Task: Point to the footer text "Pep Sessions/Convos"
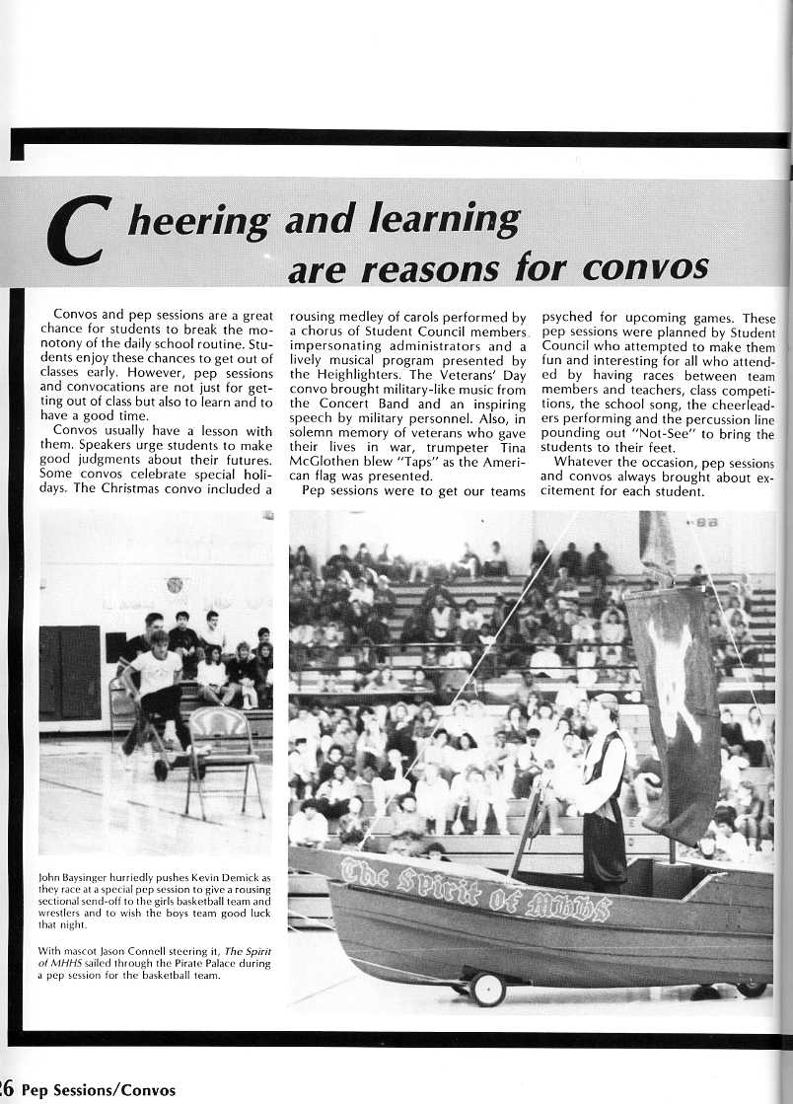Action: (x=98, y=1090)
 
